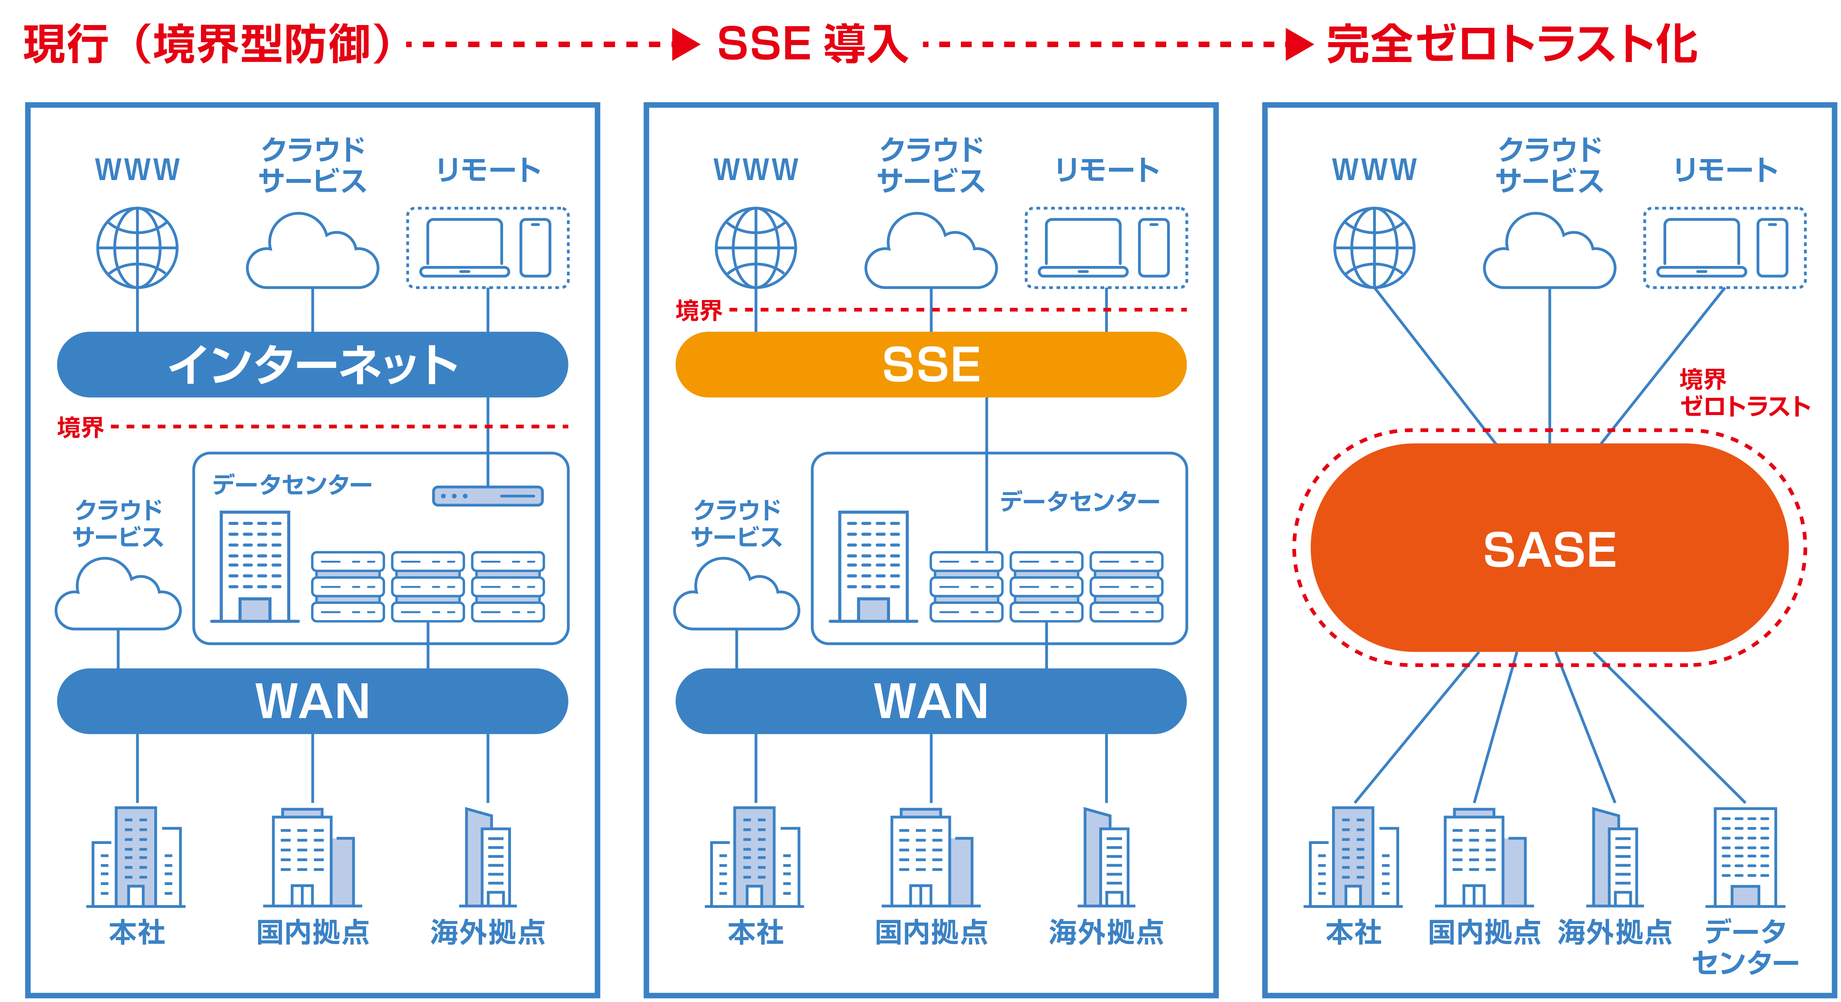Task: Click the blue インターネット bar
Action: pyautogui.click(x=312, y=365)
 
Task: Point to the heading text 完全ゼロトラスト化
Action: pyautogui.click(x=1512, y=44)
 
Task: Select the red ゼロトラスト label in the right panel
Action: pyautogui.click(x=1744, y=406)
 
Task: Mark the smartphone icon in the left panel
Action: pyautogui.click(x=535, y=247)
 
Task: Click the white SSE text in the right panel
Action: pyautogui.click(x=1549, y=365)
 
